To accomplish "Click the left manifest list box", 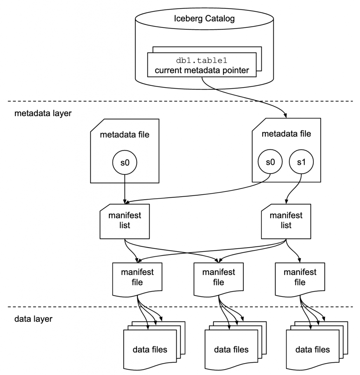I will point(125,220).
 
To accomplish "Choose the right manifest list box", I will point(286,220).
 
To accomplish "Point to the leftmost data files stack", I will point(150,348).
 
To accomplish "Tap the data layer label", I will point(33,319).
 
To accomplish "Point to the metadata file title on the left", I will point(125,135).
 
